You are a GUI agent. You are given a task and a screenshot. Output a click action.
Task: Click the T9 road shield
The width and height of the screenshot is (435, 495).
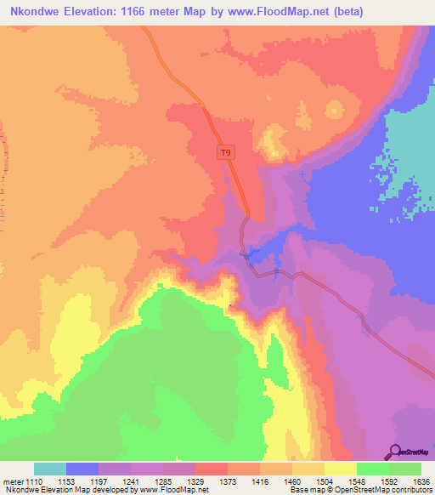(x=224, y=153)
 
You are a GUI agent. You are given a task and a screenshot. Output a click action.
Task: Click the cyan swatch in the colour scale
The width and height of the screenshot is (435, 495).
(x=50, y=469)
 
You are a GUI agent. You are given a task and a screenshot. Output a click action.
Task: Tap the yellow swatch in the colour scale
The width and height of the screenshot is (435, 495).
(x=341, y=469)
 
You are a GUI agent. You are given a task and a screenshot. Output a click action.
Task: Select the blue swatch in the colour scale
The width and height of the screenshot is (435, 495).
(x=82, y=469)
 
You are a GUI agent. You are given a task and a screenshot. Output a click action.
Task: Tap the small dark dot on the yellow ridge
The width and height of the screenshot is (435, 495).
(x=230, y=306)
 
